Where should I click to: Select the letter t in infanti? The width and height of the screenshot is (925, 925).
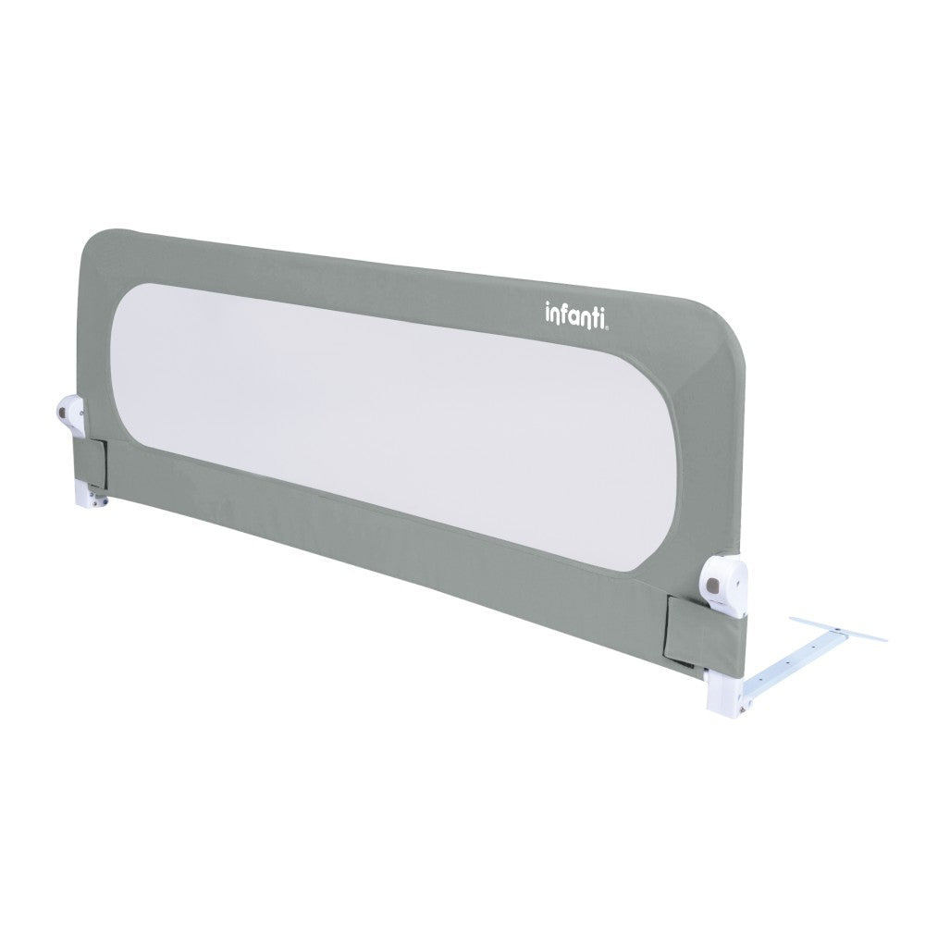click(x=594, y=316)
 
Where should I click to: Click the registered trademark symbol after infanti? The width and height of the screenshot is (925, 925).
click(x=607, y=323)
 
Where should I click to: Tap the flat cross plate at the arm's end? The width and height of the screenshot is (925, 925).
click(x=833, y=630)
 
